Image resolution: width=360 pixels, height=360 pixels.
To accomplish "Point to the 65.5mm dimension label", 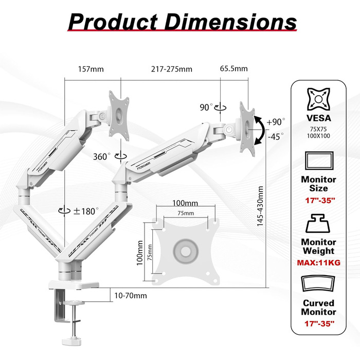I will [x=233, y=69].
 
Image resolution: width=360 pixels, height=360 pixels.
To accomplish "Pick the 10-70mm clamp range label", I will [x=131, y=295].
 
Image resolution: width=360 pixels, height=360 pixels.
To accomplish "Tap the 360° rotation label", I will [x=102, y=156].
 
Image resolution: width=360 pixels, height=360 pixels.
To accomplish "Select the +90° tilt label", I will [x=276, y=122].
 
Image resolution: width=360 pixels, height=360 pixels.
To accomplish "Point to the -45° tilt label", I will [x=276, y=137].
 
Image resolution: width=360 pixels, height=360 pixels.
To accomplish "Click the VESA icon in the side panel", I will [x=318, y=99].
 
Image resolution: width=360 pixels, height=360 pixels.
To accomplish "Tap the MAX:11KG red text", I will [x=318, y=262].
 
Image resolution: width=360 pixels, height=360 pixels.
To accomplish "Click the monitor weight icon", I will [x=318, y=226].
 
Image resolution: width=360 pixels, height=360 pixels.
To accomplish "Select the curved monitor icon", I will [x=318, y=286].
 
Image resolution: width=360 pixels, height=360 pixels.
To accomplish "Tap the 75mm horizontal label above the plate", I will [x=184, y=213].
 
